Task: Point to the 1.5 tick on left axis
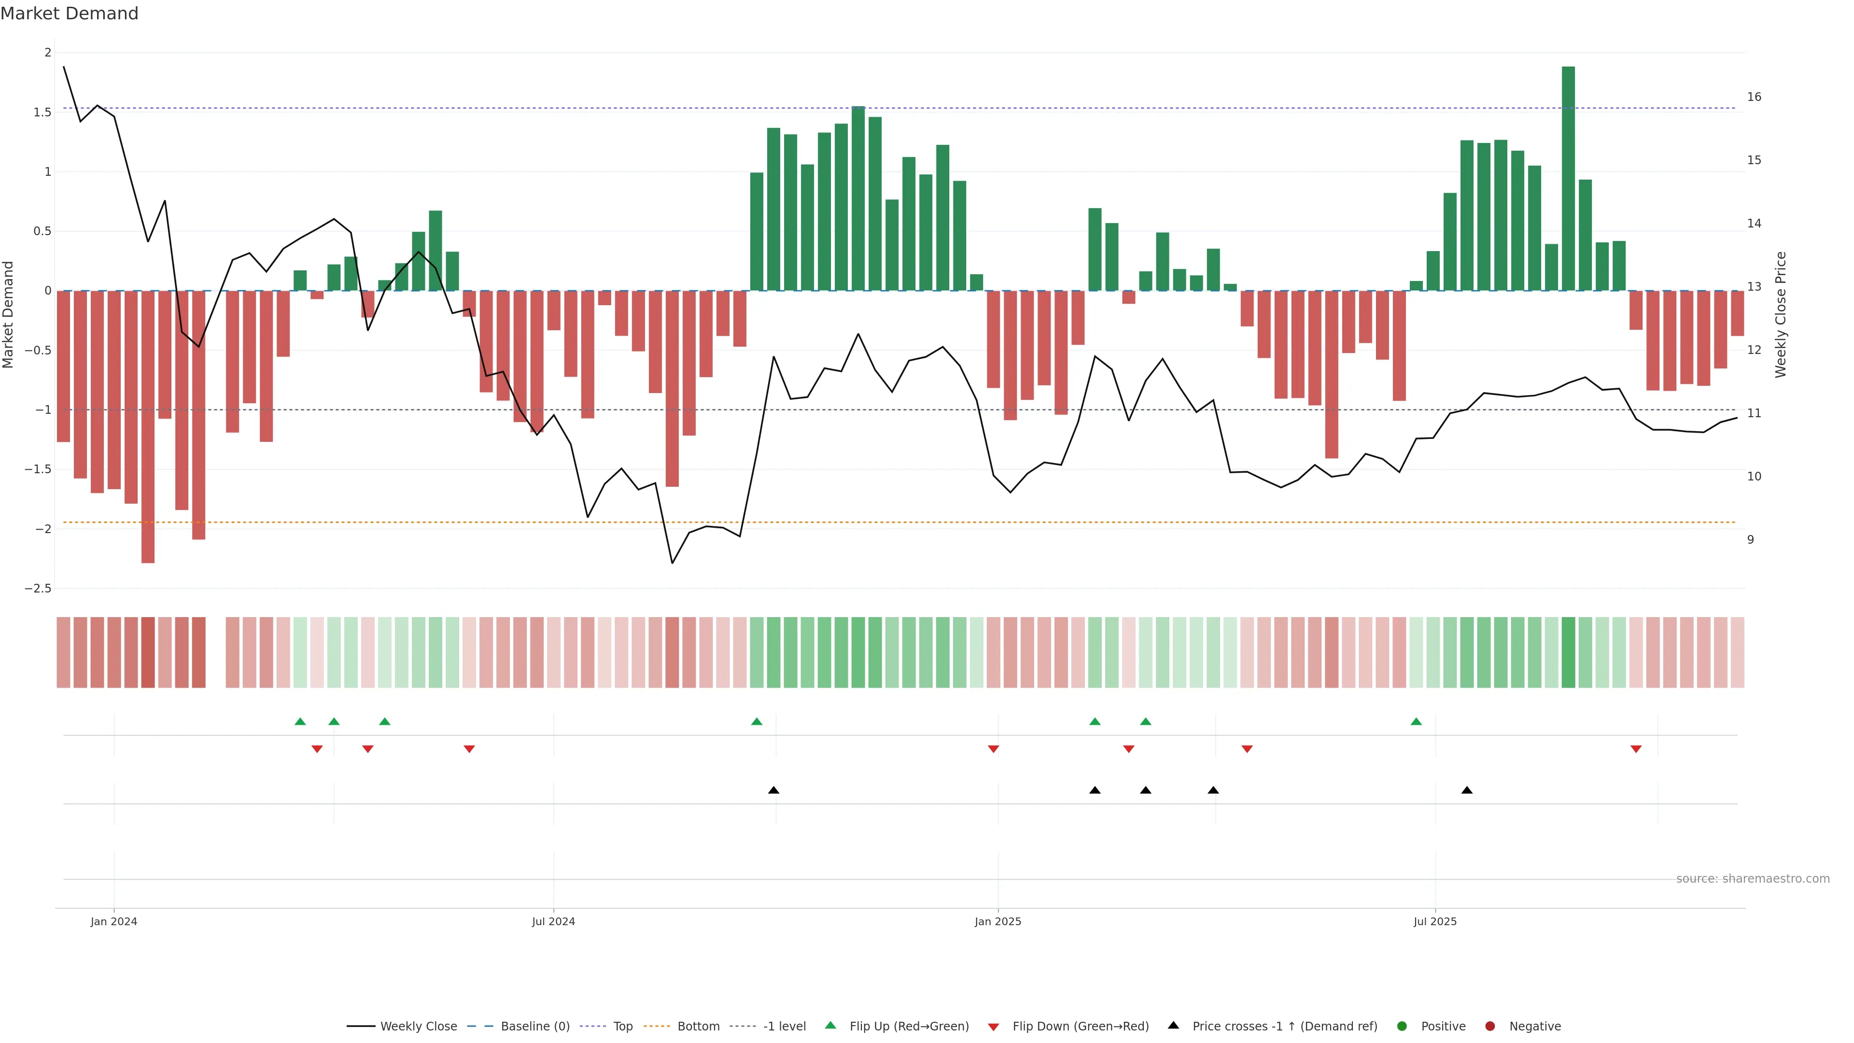[42, 113]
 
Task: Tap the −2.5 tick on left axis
[38, 589]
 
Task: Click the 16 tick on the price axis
[1754, 97]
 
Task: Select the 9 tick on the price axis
[1750, 540]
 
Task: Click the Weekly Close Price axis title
[1781, 314]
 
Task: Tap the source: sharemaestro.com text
[1753, 879]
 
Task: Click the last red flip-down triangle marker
[1636, 749]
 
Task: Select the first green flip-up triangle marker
[300, 721]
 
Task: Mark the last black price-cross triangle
[1467, 790]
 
